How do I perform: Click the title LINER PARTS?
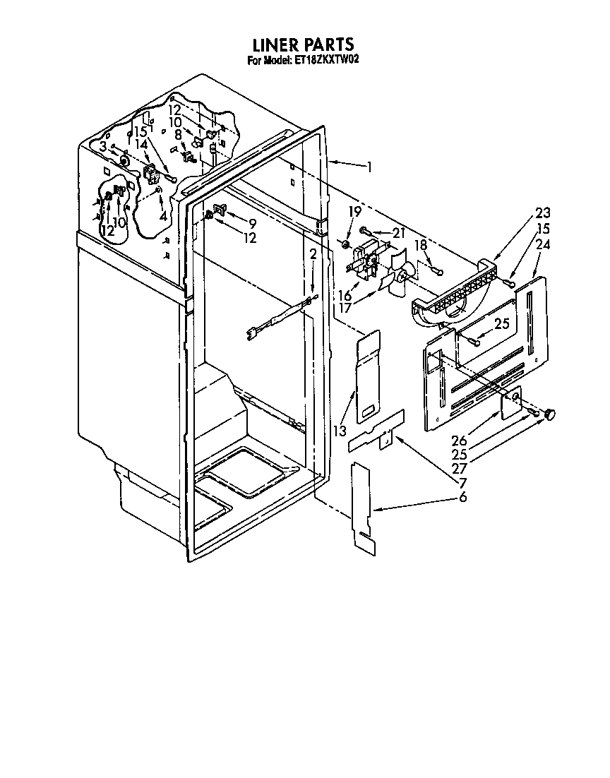[304, 47]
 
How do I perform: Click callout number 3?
[103, 146]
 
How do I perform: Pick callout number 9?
[251, 223]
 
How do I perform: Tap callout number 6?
[462, 498]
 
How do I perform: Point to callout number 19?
[355, 210]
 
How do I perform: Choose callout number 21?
[399, 234]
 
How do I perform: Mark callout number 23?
[542, 213]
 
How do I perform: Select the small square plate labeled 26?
[511, 404]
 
